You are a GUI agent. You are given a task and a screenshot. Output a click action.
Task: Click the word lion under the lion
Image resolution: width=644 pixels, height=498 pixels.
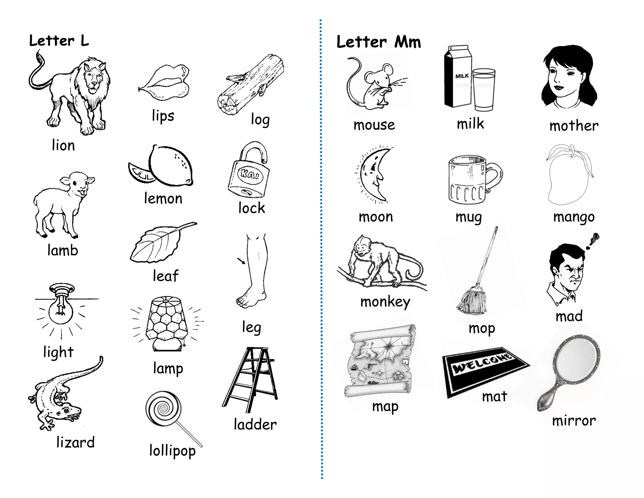click(x=63, y=145)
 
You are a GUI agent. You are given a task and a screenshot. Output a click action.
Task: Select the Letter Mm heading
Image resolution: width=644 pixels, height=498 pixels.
click(x=379, y=42)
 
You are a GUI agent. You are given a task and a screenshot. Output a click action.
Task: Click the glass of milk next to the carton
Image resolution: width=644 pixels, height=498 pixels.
click(x=484, y=90)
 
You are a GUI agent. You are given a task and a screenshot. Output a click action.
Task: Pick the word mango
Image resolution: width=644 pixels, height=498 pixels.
click(x=574, y=217)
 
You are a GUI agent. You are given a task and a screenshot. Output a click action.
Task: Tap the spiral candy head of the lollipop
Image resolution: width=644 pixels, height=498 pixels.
click(x=164, y=409)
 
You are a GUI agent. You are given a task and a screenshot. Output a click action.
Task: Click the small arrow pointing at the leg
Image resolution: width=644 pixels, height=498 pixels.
click(x=241, y=261)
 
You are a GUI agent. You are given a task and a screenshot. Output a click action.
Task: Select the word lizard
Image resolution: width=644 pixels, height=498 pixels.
click(x=75, y=442)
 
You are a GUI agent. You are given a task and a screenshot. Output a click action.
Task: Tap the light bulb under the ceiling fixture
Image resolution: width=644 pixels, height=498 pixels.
click(x=61, y=311)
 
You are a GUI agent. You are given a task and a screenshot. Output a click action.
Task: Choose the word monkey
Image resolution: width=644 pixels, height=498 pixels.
click(x=385, y=302)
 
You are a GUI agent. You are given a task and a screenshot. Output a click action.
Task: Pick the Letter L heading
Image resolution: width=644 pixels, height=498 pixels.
click(x=59, y=41)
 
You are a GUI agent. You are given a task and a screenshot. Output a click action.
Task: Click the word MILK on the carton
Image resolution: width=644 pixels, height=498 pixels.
click(x=462, y=76)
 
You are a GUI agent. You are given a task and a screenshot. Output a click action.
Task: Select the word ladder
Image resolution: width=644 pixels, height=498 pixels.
click(x=255, y=425)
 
